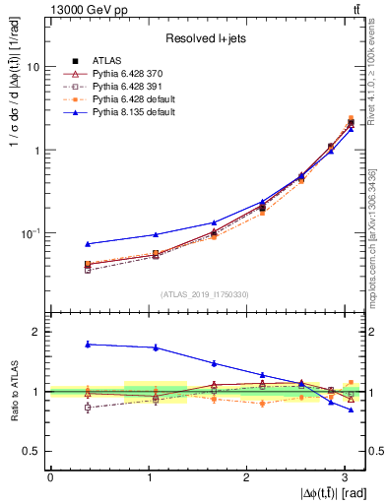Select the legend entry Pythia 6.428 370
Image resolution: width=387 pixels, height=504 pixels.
(127, 73)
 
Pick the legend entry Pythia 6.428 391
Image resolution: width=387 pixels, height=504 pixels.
(127, 86)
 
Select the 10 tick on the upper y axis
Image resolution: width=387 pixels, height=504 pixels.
(32, 67)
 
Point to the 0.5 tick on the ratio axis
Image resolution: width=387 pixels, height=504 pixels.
(32, 451)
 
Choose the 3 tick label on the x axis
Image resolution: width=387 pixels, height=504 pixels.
(344, 475)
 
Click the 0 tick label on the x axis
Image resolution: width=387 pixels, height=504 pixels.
(50, 475)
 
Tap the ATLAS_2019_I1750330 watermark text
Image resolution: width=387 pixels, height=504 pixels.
(206, 294)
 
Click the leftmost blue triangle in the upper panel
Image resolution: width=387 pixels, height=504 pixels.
(88, 244)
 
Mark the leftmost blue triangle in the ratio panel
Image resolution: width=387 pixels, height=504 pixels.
(88, 344)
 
